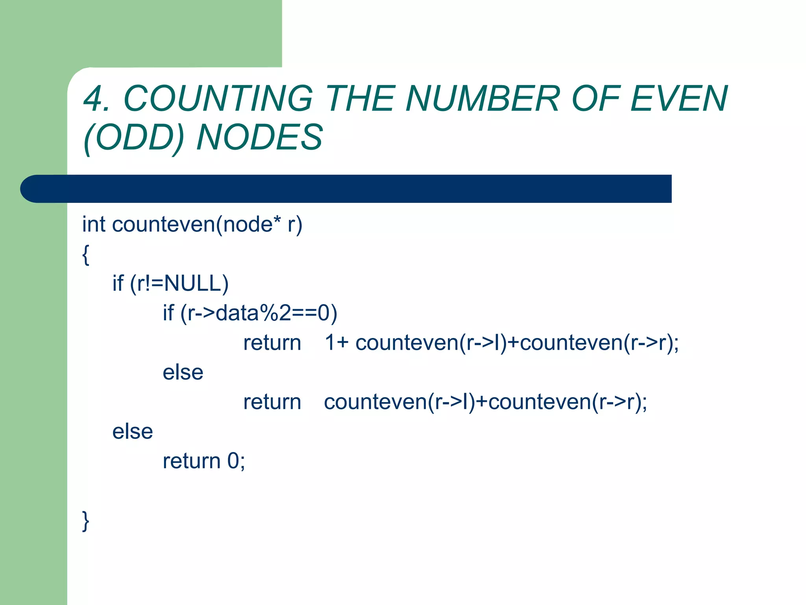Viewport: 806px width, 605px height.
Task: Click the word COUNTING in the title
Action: coord(218,98)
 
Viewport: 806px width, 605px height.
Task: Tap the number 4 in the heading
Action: coord(93,98)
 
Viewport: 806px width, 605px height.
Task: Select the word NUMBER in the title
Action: coord(482,98)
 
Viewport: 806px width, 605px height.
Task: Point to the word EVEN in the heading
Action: coord(679,98)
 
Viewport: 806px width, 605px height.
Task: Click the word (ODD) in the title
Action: coord(134,137)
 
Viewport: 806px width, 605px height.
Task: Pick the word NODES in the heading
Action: coord(260,137)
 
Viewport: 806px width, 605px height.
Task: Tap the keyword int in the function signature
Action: coord(94,225)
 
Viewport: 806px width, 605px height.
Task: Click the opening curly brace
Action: coord(86,255)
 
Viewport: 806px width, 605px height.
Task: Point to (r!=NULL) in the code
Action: coord(179,284)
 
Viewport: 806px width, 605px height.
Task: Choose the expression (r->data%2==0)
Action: coord(259,313)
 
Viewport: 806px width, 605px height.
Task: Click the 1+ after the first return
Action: coord(336,342)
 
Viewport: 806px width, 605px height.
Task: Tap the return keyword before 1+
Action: coord(272,342)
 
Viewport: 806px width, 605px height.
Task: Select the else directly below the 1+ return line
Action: coord(183,372)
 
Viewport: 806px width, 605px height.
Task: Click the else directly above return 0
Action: coord(133,431)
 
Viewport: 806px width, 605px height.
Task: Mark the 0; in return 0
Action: coord(236,461)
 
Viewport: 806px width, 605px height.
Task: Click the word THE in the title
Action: coord(360,98)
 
